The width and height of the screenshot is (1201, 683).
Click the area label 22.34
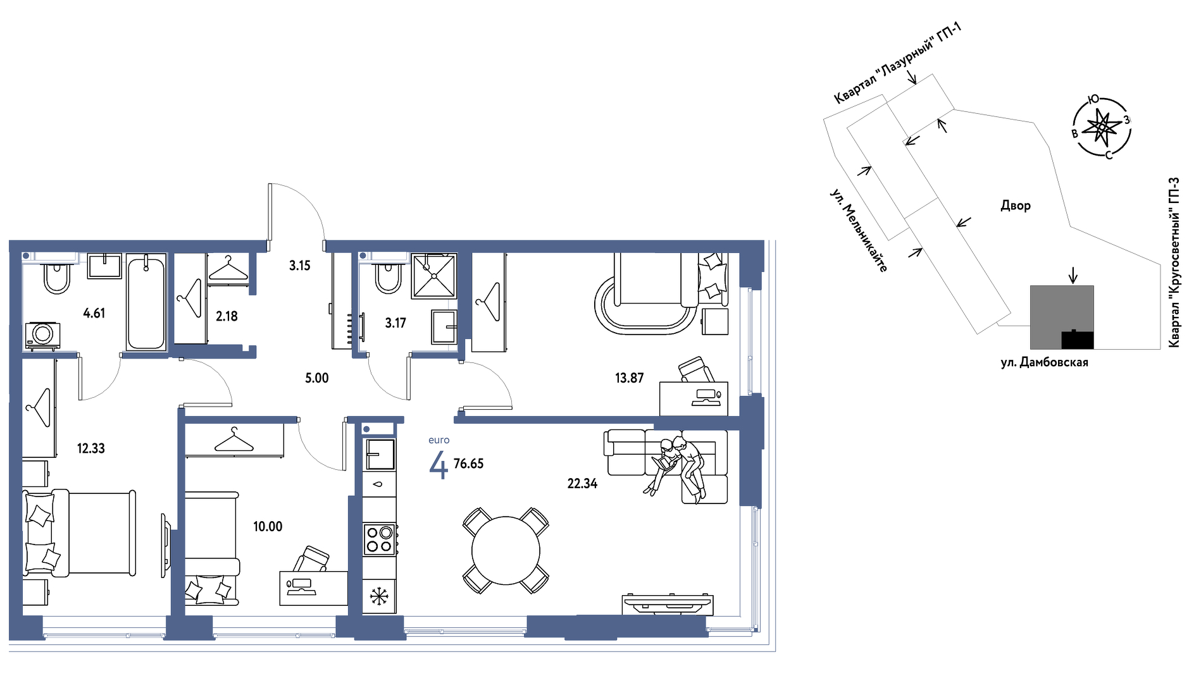tap(582, 484)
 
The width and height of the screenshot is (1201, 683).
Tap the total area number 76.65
tap(468, 464)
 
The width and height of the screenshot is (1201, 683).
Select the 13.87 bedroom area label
tap(629, 378)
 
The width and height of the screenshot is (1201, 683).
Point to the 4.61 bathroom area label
tap(94, 313)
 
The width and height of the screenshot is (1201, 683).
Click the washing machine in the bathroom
tap(43, 335)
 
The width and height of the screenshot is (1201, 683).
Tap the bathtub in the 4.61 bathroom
tap(146, 302)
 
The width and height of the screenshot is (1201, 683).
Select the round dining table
tap(506, 550)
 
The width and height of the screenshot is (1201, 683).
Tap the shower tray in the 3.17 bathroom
tap(433, 276)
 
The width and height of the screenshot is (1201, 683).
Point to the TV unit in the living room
tap(668, 604)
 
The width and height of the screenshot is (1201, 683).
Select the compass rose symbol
tap(1102, 128)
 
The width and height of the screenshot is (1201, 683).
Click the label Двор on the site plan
tap(1016, 206)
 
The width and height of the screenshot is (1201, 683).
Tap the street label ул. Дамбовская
tap(1045, 362)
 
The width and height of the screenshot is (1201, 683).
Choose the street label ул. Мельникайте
tap(859, 230)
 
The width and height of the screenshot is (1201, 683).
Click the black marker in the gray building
tap(1077, 340)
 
